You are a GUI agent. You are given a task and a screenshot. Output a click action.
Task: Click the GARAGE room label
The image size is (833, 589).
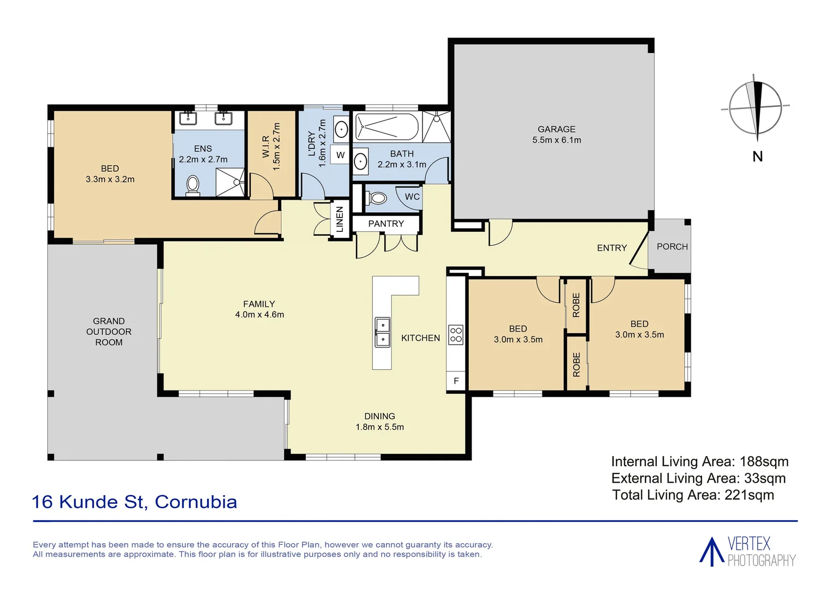556,129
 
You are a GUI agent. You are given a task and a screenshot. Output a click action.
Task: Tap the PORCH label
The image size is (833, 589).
672,247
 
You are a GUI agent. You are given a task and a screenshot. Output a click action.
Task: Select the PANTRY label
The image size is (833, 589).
385,224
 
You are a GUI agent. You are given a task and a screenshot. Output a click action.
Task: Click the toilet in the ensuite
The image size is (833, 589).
193,185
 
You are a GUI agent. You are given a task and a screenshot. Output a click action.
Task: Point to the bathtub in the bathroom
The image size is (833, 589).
387,127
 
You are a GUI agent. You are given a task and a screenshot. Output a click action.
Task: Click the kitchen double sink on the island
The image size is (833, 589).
382,332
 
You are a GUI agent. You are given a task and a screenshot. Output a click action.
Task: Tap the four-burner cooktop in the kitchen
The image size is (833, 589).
456,335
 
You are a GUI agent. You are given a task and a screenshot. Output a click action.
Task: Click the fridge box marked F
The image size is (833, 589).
456,381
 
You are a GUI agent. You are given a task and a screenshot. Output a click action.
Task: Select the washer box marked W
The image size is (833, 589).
341,155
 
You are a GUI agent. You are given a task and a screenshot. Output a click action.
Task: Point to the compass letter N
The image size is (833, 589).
757,157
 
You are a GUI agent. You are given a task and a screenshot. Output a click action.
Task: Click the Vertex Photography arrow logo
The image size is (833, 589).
711,551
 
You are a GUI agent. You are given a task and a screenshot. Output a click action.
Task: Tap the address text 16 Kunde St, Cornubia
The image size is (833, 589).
135,502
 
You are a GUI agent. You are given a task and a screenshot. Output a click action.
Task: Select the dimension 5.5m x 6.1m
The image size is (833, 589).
556,140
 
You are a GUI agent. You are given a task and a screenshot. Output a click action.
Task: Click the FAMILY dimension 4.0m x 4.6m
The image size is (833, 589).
259,315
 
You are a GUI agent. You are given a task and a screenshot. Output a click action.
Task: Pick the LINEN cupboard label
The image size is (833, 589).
340,219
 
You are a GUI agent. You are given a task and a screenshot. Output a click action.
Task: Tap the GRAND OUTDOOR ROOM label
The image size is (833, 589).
108,332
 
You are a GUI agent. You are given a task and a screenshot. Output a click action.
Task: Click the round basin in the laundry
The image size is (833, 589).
341,130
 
